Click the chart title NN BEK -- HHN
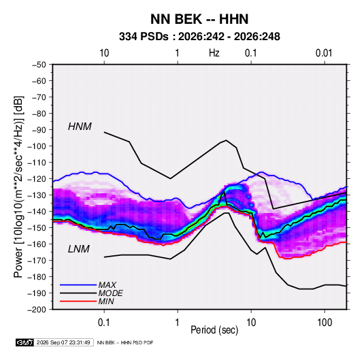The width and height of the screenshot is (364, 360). (199, 19)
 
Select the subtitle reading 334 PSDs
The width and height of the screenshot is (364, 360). (144, 37)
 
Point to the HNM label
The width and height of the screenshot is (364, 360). (80, 127)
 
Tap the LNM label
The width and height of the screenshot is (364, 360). (79, 249)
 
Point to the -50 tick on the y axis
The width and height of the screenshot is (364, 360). (39, 65)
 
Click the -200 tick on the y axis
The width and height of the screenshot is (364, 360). (37, 310)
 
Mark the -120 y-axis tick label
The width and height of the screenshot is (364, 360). (37, 179)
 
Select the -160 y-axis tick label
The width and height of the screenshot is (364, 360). (37, 244)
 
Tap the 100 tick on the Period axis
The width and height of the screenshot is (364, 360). (325, 323)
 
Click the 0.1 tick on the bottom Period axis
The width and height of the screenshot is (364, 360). (104, 323)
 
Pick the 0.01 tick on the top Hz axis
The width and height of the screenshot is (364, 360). (324, 53)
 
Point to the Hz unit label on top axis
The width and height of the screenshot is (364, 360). (214, 53)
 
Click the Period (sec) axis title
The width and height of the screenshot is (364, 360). (214, 330)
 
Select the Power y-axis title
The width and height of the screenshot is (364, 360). (18, 186)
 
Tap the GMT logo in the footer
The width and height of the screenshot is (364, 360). (24, 342)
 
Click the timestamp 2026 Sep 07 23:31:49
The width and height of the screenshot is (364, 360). (63, 342)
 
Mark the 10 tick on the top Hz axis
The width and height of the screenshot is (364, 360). (104, 53)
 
